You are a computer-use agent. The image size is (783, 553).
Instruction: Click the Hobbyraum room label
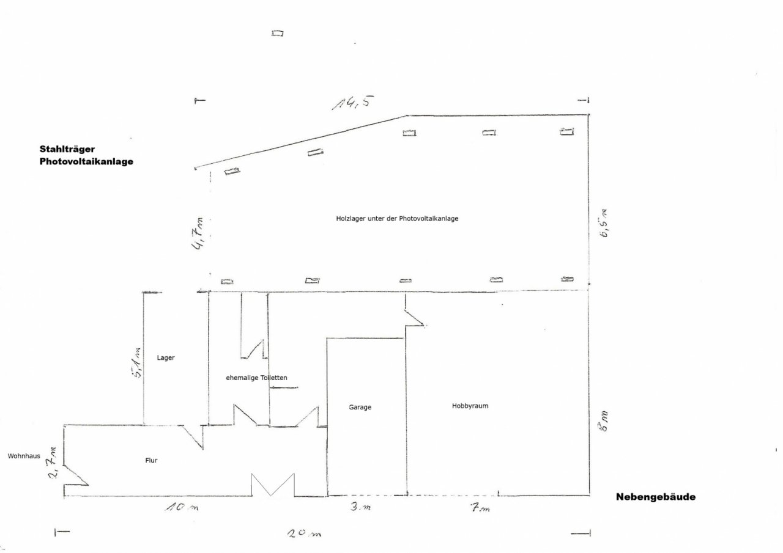pyautogui.click(x=470, y=406)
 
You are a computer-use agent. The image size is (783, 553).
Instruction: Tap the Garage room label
pyautogui.click(x=360, y=407)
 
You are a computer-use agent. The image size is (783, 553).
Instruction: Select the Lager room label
pyautogui.click(x=166, y=358)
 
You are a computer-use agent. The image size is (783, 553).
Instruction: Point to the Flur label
pyautogui.click(x=151, y=461)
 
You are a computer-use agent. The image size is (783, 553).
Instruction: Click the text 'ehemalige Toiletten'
pyautogui.click(x=256, y=378)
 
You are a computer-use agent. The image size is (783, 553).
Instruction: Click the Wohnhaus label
pyautogui.click(x=24, y=456)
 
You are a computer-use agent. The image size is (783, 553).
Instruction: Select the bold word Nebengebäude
pyautogui.click(x=656, y=497)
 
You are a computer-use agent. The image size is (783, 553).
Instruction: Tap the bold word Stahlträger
pyautogui.click(x=67, y=149)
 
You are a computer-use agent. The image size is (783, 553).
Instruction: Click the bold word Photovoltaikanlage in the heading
pyautogui.click(x=86, y=161)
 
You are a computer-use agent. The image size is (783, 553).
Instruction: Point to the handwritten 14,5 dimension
pyautogui.click(x=353, y=103)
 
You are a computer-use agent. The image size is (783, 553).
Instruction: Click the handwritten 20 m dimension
pyautogui.click(x=304, y=533)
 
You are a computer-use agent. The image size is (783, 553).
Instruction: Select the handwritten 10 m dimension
pyautogui.click(x=182, y=507)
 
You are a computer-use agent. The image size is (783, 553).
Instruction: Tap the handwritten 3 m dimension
pyautogui.click(x=360, y=506)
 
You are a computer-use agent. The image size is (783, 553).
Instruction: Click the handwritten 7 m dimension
pyautogui.click(x=480, y=507)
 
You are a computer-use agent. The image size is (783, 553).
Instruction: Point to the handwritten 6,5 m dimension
pyautogui.click(x=604, y=224)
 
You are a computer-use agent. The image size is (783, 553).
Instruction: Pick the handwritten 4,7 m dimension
pyautogui.click(x=198, y=234)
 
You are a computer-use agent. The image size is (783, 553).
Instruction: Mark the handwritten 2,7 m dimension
pyautogui.click(x=53, y=463)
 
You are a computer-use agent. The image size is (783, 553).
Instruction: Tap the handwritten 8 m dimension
pyautogui.click(x=604, y=422)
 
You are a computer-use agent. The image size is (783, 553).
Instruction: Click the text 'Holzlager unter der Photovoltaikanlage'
pyautogui.click(x=397, y=219)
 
